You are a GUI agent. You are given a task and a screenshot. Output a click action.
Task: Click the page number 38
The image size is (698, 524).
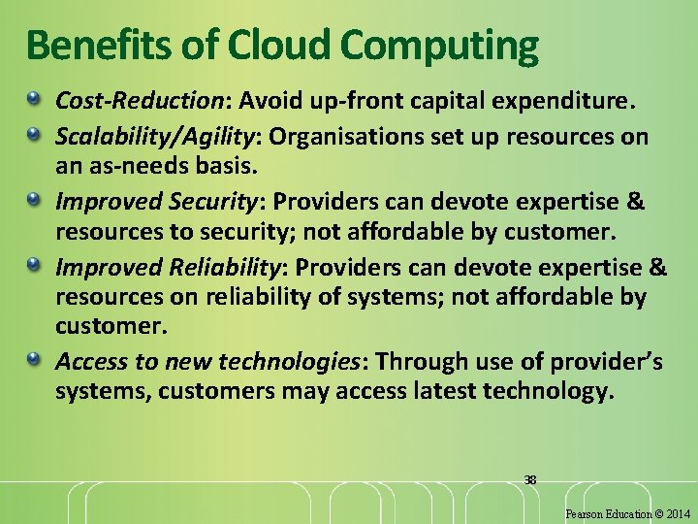pos(529,479)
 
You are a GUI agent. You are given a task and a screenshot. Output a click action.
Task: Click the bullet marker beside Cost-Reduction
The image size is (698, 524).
pos(35,99)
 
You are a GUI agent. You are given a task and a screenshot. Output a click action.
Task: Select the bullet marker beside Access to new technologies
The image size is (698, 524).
pos(35,361)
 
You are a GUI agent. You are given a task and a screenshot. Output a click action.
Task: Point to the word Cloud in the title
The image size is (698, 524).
pos(263,45)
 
